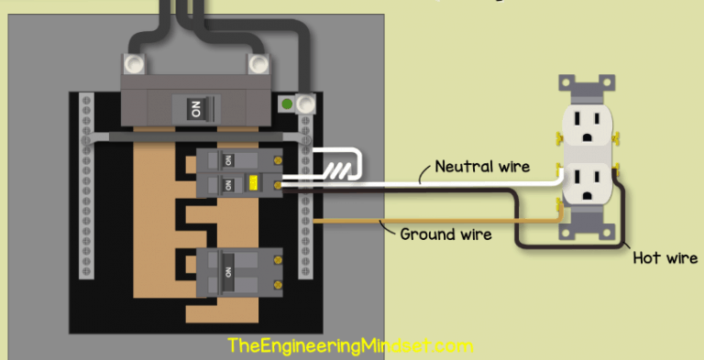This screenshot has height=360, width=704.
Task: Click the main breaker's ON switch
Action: pos(194,109)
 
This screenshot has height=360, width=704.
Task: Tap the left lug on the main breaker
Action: pos(135,63)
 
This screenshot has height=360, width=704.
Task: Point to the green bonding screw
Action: pos(287,104)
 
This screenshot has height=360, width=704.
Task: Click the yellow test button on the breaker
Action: pos(250,183)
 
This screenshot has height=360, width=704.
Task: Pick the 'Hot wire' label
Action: pos(665,258)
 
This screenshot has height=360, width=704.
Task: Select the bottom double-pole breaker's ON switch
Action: pos(226,272)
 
